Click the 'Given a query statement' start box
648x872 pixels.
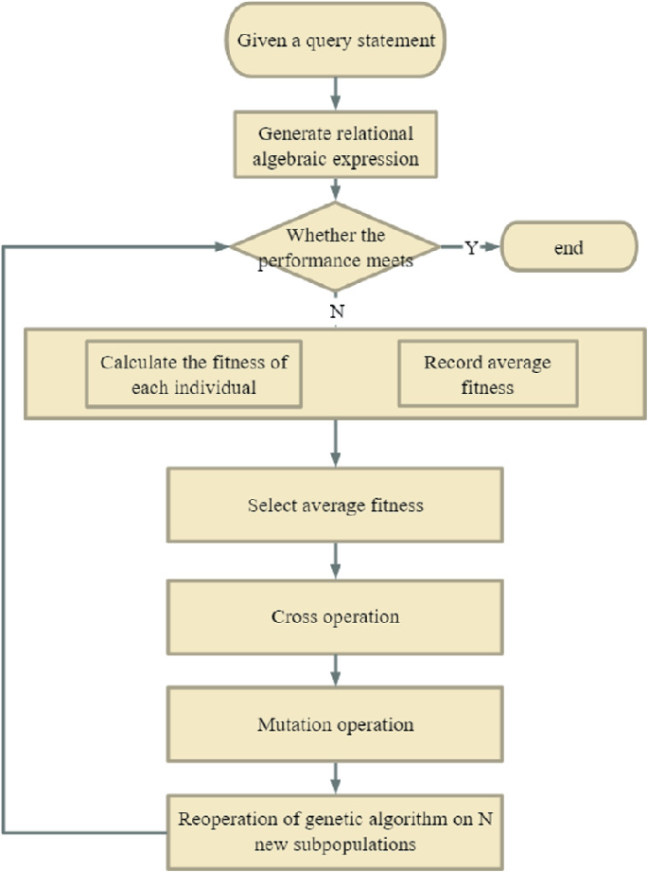pyautogui.click(x=335, y=42)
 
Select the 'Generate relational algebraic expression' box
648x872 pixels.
pyautogui.click(x=335, y=145)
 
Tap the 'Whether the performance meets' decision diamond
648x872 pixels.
pyautogui.click(x=335, y=248)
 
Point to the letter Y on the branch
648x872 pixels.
pyautogui.click(x=470, y=248)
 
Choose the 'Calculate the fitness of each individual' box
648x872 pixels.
pyautogui.click(x=194, y=374)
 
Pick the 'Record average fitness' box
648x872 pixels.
pyautogui.click(x=486, y=374)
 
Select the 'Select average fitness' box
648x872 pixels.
pyautogui.click(x=335, y=505)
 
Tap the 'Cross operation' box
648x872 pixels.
pyautogui.click(x=335, y=616)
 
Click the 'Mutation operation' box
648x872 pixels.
pyautogui.click(x=335, y=725)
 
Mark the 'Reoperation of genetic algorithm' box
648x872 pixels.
pyautogui.click(x=335, y=827)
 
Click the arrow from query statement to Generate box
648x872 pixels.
pyautogui.click(x=335, y=93)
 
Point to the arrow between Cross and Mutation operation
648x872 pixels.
pyautogui.click(x=335, y=671)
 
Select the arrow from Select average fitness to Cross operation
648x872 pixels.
pyautogui.click(x=335, y=561)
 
